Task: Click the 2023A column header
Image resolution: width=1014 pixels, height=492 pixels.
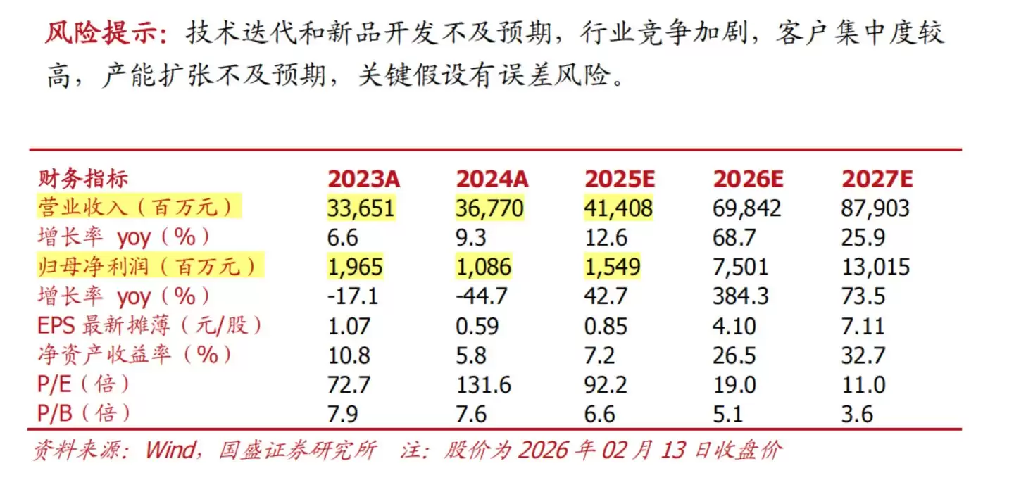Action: [x=363, y=179]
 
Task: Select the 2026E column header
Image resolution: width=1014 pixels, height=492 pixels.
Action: [x=748, y=179]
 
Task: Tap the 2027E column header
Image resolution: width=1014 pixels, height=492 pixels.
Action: [x=877, y=179]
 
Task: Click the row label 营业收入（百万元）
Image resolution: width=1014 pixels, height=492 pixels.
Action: [x=139, y=208]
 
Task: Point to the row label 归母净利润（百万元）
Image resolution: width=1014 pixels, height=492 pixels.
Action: [x=147, y=267]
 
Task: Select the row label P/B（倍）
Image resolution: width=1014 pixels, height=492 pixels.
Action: [x=84, y=413]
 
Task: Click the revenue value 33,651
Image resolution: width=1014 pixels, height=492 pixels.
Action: [x=361, y=208]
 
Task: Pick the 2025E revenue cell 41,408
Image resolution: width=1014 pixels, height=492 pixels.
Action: [x=619, y=208]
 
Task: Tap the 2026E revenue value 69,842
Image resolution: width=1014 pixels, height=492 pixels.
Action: [x=747, y=208]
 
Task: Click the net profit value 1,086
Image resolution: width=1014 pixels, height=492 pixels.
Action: [x=484, y=267]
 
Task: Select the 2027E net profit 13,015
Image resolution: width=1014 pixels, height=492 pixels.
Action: [x=875, y=267]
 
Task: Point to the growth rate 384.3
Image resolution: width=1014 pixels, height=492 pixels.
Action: [x=740, y=296]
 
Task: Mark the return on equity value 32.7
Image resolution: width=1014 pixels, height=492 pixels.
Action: [x=863, y=355]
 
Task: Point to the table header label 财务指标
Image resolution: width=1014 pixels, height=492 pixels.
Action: [x=83, y=179]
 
